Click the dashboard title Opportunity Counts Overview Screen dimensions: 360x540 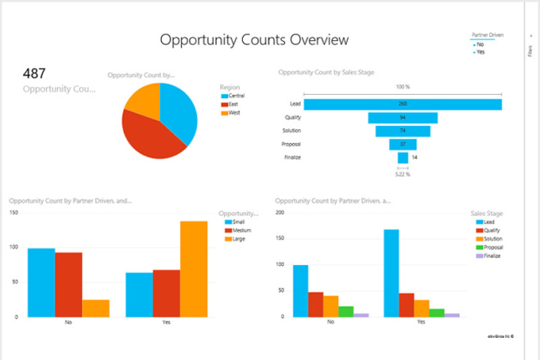pyautogui.click(x=254, y=39)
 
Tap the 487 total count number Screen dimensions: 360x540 pyautogui.click(x=35, y=73)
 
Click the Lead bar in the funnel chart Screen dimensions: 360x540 pyautogui.click(x=403, y=104)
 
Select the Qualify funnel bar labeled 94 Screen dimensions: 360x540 pyautogui.click(x=403, y=117)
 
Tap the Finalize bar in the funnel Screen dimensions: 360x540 pyautogui.click(x=403, y=157)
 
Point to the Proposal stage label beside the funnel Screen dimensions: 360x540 pyautogui.click(x=292, y=144)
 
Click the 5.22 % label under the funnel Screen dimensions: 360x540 pyautogui.click(x=403, y=174)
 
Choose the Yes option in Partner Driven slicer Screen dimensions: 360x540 pyautogui.click(x=480, y=52)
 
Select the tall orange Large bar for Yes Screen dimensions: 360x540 pyautogui.click(x=194, y=268)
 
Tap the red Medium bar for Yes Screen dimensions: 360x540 pyautogui.click(x=166, y=293)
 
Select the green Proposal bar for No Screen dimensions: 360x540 pyautogui.click(x=345, y=312)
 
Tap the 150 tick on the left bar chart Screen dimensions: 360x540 pyautogui.click(x=12, y=213)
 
